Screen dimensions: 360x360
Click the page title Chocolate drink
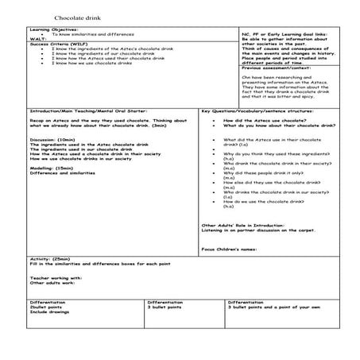coord(72,17)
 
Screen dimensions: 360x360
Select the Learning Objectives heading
coord(47,30)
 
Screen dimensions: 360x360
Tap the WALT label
coord(37,39)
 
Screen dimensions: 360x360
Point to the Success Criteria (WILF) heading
coord(55,44)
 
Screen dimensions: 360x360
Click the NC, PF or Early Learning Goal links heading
coord(285,35)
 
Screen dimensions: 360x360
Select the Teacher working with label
coord(56,278)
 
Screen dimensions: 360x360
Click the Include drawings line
coord(50,312)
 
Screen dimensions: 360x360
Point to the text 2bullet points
coord(48,308)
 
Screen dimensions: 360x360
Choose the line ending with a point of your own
coord(274,308)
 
